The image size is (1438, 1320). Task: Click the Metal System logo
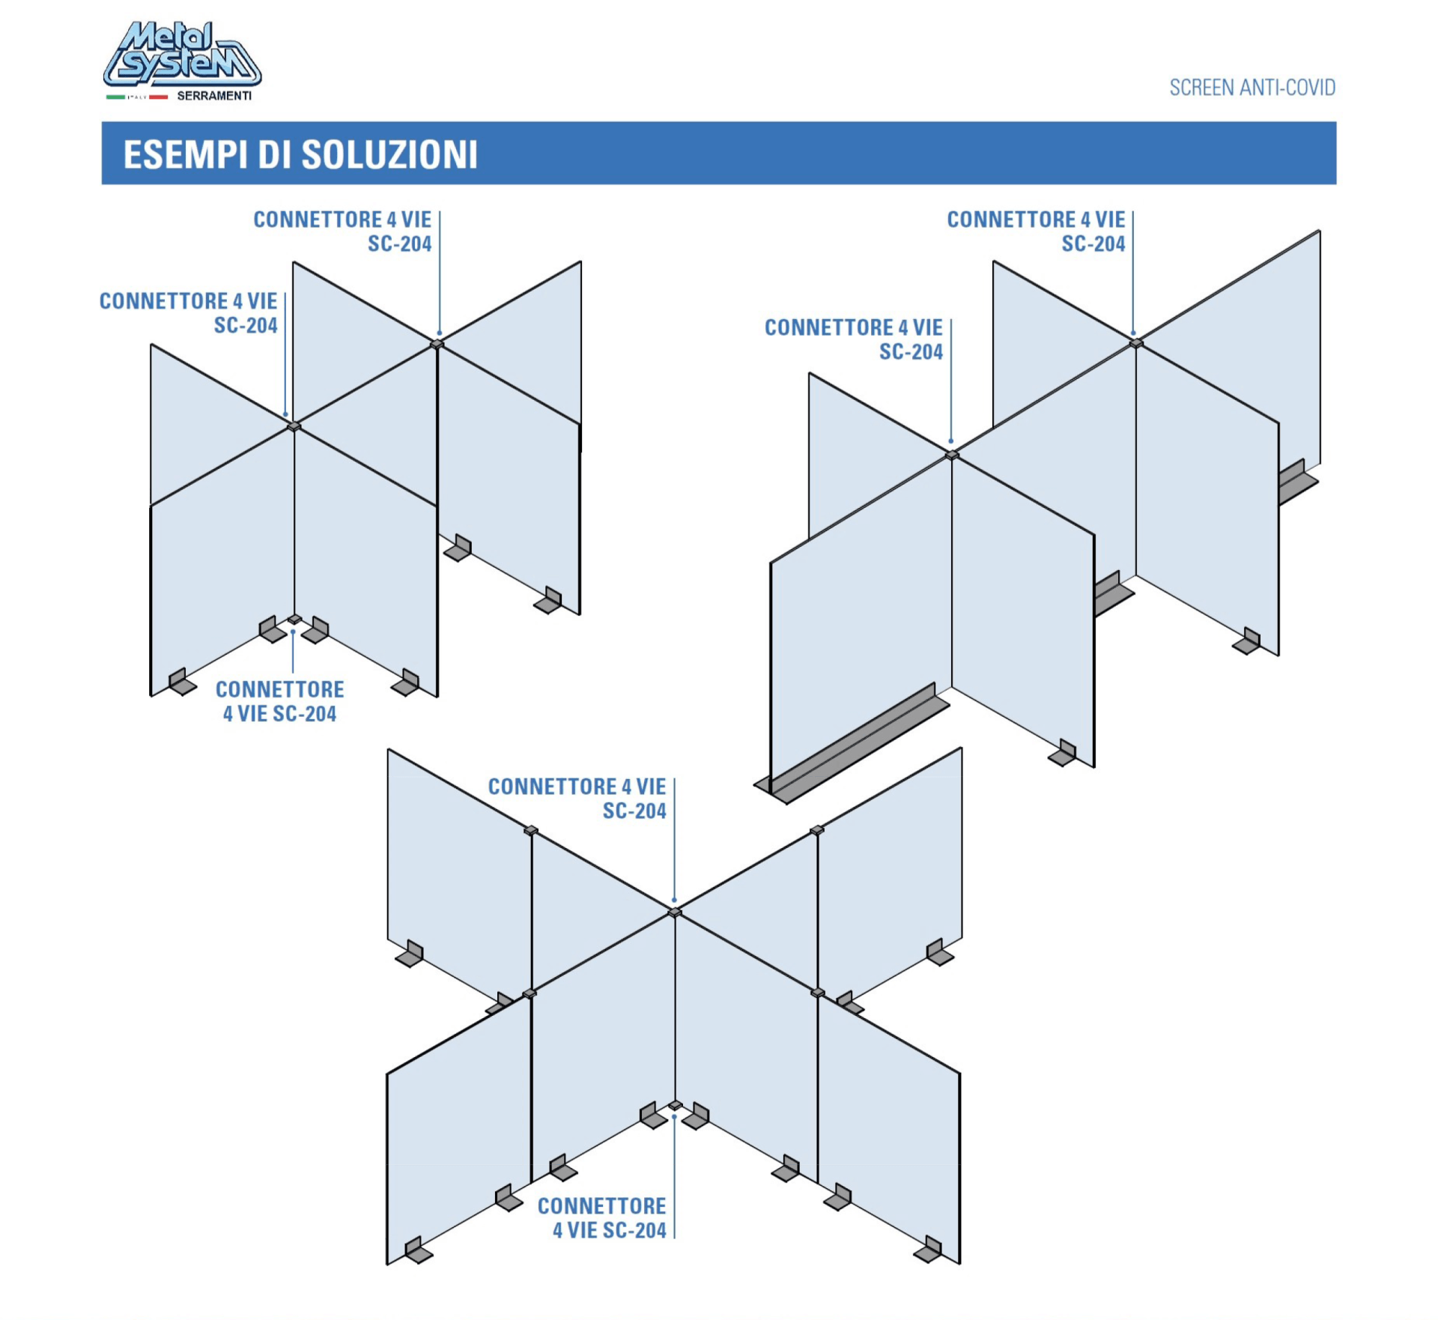pos(182,54)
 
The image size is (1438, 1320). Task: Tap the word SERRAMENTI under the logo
pos(214,96)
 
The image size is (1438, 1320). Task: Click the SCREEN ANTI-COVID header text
pos(1252,88)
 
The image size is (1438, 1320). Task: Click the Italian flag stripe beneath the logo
pos(137,97)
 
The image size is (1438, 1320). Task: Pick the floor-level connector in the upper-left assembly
pos(294,620)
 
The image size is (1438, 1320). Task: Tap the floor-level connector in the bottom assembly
pos(676,1105)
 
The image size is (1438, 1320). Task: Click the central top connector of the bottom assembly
pos(675,912)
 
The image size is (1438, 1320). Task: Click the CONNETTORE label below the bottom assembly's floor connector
pos(601,1217)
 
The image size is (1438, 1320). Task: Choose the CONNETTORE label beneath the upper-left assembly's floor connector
pos(280,701)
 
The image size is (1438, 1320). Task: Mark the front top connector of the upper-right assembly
pos(952,455)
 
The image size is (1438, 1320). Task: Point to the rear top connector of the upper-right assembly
pos(1136,343)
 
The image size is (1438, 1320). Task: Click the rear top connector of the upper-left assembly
pos(437,344)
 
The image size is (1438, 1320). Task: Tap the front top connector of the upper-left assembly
pos(294,426)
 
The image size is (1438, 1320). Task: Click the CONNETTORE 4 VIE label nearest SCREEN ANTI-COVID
pos(1036,231)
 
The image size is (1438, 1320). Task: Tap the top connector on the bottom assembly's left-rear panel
pos(531,830)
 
